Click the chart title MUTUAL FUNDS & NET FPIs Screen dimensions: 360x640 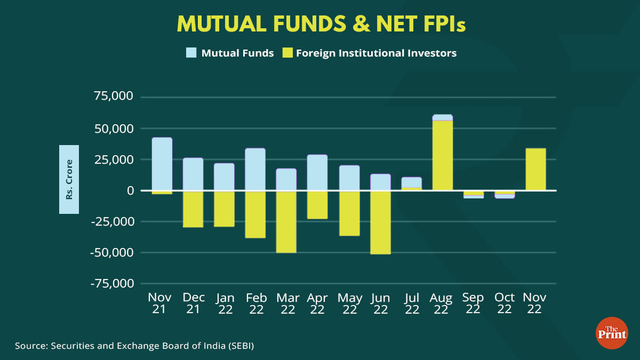(321, 24)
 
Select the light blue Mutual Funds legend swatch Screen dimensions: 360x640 (191, 53)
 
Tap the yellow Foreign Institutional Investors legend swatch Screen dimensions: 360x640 (288, 53)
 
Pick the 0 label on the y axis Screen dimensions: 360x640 (130, 190)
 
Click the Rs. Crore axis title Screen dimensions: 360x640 (69, 179)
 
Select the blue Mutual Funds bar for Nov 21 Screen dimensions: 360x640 (162, 164)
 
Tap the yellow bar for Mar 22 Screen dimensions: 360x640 (286, 221)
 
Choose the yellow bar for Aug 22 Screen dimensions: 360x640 (443, 155)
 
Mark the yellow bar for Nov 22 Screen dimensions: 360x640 (535, 169)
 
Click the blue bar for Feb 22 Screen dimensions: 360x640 (255, 169)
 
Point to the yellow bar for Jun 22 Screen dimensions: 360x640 (380, 222)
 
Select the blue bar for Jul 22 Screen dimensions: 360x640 (412, 182)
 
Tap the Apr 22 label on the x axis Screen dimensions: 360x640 (317, 303)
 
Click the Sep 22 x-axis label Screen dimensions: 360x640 (473, 303)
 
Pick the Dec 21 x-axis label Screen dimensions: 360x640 (193, 303)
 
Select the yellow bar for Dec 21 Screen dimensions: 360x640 (193, 209)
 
